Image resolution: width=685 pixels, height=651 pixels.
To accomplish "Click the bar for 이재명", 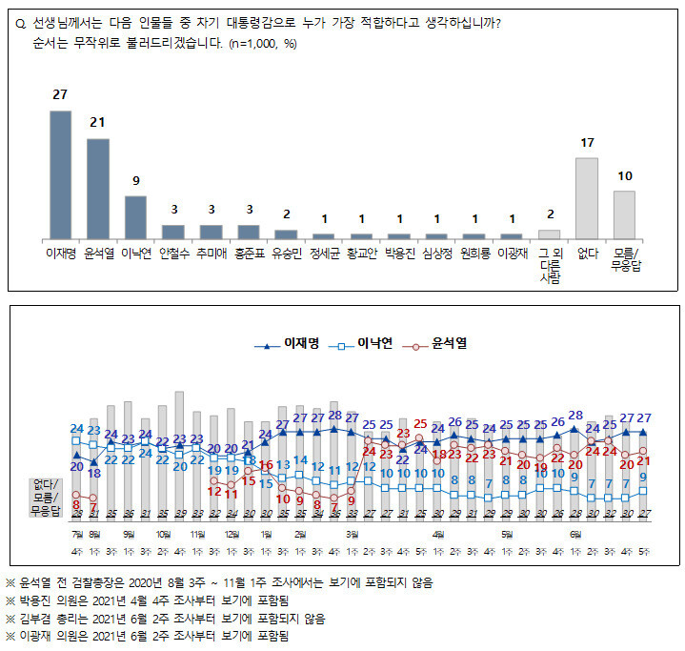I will point(60,174).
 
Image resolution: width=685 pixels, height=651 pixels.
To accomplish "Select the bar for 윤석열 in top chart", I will point(98,188).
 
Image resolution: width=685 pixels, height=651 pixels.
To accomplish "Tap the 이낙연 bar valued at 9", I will point(135,216).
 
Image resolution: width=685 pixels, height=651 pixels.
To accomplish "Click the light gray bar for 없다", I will point(587,197).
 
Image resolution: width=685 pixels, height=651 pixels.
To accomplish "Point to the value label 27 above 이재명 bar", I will point(60,96).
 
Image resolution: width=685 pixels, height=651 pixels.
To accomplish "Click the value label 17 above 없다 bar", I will point(587,143).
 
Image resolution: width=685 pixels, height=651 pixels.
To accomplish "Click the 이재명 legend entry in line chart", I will point(287,343).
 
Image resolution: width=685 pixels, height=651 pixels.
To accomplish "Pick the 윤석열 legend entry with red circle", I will point(439,343).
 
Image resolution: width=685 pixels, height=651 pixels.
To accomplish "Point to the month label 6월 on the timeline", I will point(574,534).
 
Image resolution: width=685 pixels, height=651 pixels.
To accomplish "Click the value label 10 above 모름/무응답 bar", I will point(624,176).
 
